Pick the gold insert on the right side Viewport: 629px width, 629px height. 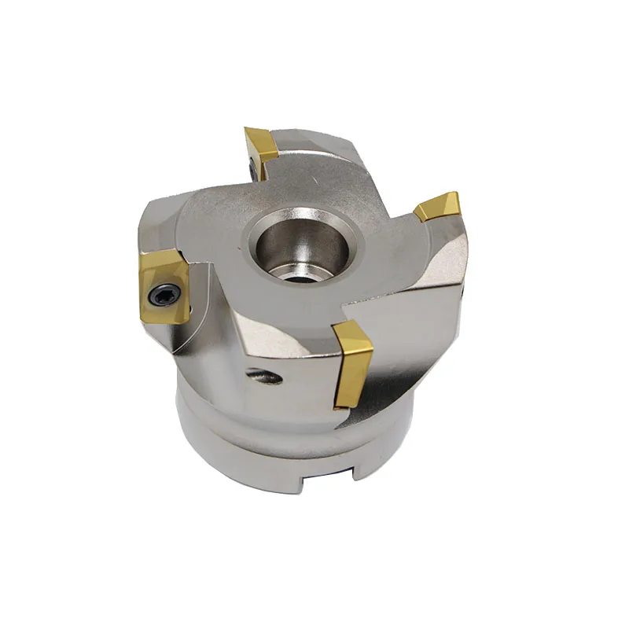(439, 208)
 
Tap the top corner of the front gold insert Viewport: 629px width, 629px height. (336, 324)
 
